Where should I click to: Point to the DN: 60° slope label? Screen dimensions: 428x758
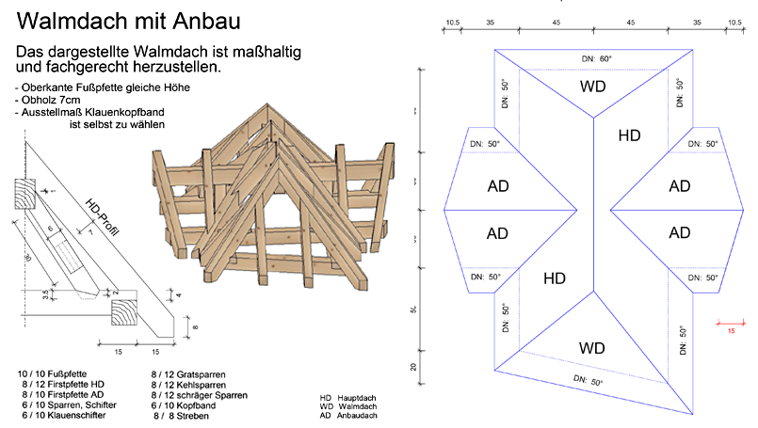tap(595, 59)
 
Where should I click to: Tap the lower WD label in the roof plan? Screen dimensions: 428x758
tap(592, 348)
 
